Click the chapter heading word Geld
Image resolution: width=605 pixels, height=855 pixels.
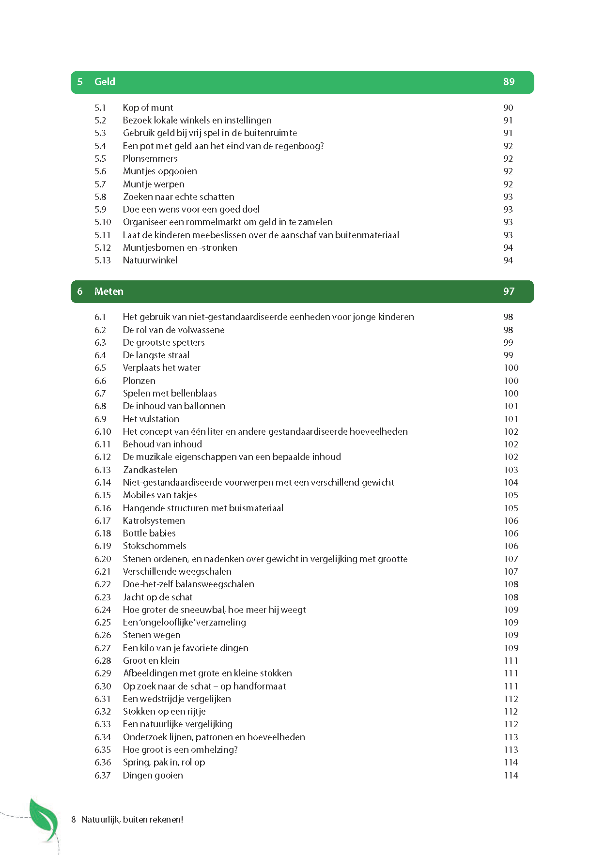105,82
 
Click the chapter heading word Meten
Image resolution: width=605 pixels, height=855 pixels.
109,291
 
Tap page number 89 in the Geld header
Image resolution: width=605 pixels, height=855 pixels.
509,82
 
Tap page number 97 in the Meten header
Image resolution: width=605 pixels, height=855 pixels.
509,291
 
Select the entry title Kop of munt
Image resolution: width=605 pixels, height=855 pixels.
148,107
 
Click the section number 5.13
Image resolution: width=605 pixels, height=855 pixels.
103,260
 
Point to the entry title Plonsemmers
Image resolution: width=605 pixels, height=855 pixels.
150,159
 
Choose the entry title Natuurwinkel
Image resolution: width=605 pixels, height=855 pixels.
150,260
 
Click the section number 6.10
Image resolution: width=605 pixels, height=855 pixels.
103,432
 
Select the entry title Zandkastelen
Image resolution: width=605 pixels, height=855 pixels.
150,470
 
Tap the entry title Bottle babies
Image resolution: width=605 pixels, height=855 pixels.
149,534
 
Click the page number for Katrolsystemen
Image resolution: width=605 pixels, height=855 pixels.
511,521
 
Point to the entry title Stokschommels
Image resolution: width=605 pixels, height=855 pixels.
155,546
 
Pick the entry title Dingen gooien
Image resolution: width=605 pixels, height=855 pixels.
153,776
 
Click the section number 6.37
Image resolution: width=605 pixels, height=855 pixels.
103,776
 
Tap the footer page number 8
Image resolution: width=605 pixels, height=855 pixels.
74,820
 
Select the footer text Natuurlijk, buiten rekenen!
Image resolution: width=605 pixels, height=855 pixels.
132,820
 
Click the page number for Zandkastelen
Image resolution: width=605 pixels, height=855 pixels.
511,470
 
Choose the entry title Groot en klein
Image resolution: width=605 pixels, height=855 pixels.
151,661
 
